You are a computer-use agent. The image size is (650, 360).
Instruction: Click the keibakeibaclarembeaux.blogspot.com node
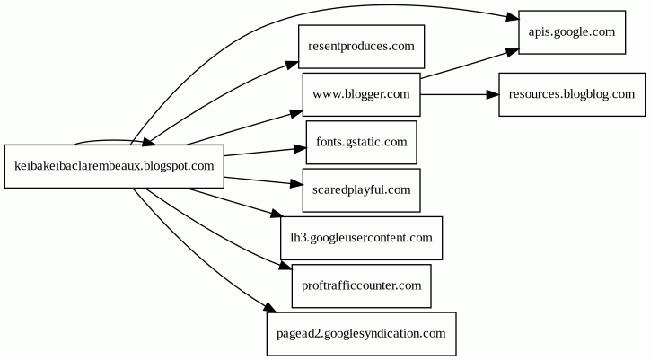pyautogui.click(x=114, y=166)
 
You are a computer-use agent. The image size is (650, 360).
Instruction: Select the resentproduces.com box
pyautogui.click(x=361, y=47)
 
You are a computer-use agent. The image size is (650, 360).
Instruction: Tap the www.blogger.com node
pyautogui.click(x=361, y=94)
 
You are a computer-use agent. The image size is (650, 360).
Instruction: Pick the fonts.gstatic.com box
pyautogui.click(x=361, y=142)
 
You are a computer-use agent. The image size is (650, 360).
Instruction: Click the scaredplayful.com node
pyautogui.click(x=361, y=189)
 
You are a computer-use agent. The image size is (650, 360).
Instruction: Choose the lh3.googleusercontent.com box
pyautogui.click(x=361, y=238)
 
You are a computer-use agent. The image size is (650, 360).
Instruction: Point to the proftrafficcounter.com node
pyautogui.click(x=361, y=285)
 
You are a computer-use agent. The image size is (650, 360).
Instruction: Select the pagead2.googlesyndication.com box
pyautogui.click(x=361, y=333)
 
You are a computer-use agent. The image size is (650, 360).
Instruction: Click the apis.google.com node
pyautogui.click(x=572, y=31)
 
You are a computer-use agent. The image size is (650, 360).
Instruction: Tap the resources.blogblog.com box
pyautogui.click(x=572, y=94)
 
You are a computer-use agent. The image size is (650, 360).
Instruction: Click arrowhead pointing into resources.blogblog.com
pyautogui.click(x=492, y=94)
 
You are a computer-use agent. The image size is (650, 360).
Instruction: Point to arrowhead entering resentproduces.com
pyautogui.click(x=292, y=64)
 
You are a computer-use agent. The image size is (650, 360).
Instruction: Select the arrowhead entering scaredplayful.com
pyautogui.click(x=296, y=184)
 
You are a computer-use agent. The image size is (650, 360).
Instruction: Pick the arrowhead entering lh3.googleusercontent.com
pyautogui.click(x=276, y=214)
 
